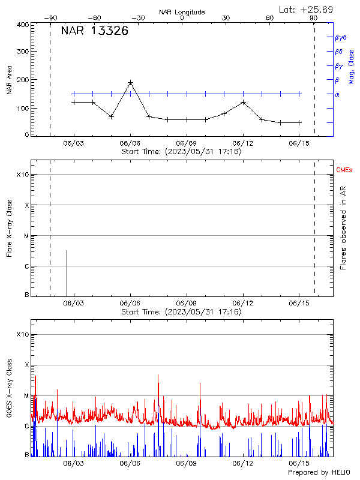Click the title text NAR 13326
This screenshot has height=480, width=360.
click(94, 31)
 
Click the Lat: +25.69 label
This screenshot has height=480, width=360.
click(307, 9)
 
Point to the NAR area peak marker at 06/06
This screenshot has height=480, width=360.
click(130, 82)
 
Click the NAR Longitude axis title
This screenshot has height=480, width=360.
click(182, 12)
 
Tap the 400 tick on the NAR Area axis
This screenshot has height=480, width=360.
click(23, 25)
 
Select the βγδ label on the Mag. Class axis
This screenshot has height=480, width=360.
click(341, 37)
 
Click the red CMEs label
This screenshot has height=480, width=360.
click(345, 170)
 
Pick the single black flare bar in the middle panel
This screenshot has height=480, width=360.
click(67, 272)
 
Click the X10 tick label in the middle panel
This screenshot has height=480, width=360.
click(22, 175)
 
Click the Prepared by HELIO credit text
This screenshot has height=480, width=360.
click(319, 473)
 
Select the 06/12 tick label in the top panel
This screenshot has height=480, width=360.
click(243, 144)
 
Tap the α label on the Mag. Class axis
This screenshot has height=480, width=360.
click(337, 94)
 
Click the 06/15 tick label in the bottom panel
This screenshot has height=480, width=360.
click(299, 464)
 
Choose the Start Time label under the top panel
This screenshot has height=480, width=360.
click(181, 152)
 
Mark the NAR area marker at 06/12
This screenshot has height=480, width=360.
click(243, 102)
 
